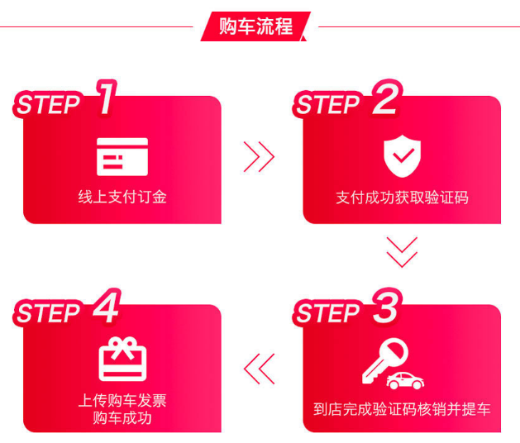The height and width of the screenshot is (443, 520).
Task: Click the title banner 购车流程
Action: pos(255,26)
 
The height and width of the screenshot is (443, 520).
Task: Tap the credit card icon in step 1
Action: pos(122,156)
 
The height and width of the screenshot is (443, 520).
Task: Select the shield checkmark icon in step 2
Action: pos(402,156)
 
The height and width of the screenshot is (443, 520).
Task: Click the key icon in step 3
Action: pos(384,360)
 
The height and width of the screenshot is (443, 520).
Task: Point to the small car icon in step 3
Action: pos(405,381)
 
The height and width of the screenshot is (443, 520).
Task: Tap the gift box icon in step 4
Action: pos(122,359)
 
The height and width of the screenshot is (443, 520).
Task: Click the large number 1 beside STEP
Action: pos(107,98)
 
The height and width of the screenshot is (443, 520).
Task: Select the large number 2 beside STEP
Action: pos(386,98)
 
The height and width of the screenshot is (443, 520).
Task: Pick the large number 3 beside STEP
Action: pos(386,306)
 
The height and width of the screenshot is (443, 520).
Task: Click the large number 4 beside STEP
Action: pos(107,306)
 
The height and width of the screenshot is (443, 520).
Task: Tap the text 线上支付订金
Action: pos(122,197)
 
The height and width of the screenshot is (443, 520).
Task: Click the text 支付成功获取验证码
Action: pos(402,198)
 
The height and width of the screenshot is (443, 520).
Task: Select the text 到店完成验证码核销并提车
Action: pos(402,409)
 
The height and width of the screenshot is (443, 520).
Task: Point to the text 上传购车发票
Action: pos(122,400)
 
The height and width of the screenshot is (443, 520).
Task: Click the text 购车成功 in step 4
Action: pos(122,418)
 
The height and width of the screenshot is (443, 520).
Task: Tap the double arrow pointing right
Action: pos(259,157)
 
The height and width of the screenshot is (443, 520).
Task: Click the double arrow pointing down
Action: pos(402,252)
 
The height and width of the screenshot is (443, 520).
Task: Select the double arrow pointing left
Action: pos(259,369)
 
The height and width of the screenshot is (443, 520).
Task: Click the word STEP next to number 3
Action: pos(327,312)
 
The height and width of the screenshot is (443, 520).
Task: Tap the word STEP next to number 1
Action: pos(48,104)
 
